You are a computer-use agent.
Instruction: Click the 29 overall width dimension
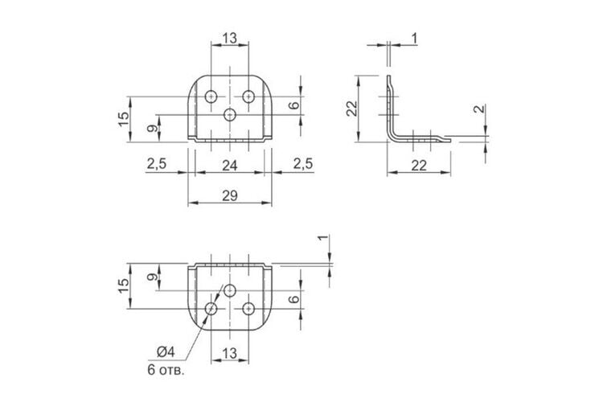click(x=230, y=196)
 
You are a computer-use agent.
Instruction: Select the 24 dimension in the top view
click(x=230, y=166)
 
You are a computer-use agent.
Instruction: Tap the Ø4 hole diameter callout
click(x=166, y=351)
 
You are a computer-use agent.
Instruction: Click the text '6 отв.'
click(x=166, y=370)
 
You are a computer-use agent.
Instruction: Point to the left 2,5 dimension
click(x=157, y=164)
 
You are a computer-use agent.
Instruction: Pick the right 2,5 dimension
click(x=303, y=164)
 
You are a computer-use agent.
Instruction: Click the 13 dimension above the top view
click(x=230, y=38)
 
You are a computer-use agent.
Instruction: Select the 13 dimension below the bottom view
click(x=230, y=353)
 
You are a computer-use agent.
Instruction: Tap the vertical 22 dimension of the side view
click(x=352, y=109)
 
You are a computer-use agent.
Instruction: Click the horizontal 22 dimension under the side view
click(x=419, y=166)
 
